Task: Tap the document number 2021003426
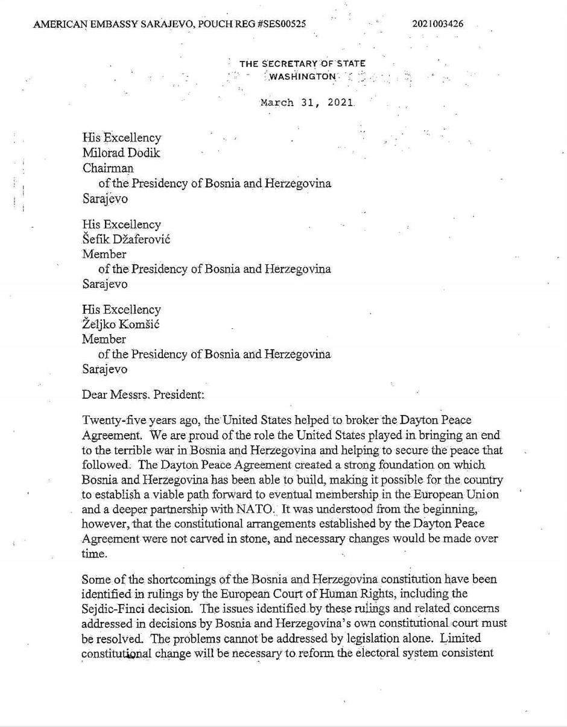coord(438,24)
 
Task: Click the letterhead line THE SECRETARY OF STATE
coord(302,63)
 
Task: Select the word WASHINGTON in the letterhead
coord(302,77)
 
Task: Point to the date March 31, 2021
coord(306,103)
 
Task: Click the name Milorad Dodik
coord(121,153)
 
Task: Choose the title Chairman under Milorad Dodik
coord(108,168)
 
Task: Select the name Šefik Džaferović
coord(126,239)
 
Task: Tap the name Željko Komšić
coord(121,324)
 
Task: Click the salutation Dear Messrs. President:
coord(143,395)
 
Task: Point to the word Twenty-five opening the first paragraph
coord(110,420)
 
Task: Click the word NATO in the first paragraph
coord(256,509)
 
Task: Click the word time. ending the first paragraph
coord(95,553)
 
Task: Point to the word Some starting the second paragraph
coord(95,579)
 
